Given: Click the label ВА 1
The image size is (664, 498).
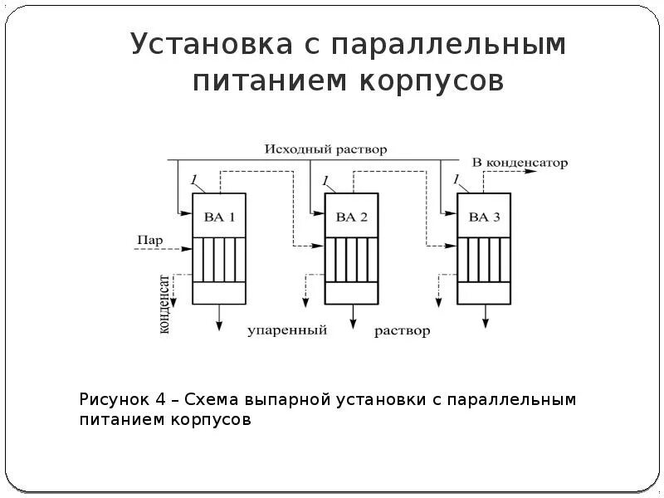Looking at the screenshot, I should [219, 217].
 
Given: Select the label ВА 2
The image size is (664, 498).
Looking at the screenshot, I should [351, 217].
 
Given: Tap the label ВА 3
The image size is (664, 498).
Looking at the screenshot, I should [484, 217].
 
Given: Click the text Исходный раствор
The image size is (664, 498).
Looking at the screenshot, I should [326, 149].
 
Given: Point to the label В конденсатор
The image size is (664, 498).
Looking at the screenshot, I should [520, 163].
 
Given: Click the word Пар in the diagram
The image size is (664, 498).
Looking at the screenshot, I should [149, 241].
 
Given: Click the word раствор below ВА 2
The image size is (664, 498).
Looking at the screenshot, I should [403, 331].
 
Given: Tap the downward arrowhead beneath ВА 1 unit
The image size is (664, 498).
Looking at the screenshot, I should [219, 325].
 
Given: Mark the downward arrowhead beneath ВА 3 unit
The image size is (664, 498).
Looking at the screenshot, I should [484, 325].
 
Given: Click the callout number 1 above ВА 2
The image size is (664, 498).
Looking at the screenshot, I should [325, 180].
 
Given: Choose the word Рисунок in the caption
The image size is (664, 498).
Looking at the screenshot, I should [113, 400].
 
